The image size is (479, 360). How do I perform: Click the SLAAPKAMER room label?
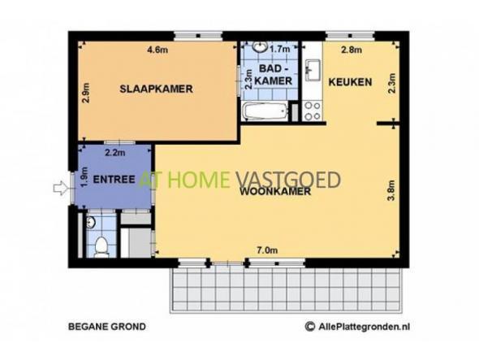point(156,89)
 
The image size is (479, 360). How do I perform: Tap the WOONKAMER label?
point(275,192)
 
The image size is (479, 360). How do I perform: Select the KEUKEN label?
point(350,82)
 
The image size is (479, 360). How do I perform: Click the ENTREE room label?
point(114,180)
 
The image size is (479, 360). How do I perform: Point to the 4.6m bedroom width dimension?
point(158,50)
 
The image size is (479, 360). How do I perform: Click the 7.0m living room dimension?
point(267,250)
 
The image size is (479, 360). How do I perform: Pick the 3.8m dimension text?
point(391,190)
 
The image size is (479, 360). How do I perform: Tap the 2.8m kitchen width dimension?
point(352,50)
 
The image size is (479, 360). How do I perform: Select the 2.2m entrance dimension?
point(114,152)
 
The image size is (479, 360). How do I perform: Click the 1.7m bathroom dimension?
point(280,49)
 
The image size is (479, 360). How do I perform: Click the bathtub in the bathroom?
point(265,111)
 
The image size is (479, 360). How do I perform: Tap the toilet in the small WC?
point(101,246)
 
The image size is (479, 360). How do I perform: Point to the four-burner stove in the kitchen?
point(313,111)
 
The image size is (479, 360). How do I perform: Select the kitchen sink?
point(313,71)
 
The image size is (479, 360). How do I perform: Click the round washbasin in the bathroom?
point(260,46)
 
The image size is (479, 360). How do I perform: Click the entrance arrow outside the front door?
point(60,188)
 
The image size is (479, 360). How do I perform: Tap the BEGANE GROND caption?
point(107,327)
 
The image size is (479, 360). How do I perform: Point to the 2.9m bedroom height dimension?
point(86,93)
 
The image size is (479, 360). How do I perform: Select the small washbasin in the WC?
point(91,223)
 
